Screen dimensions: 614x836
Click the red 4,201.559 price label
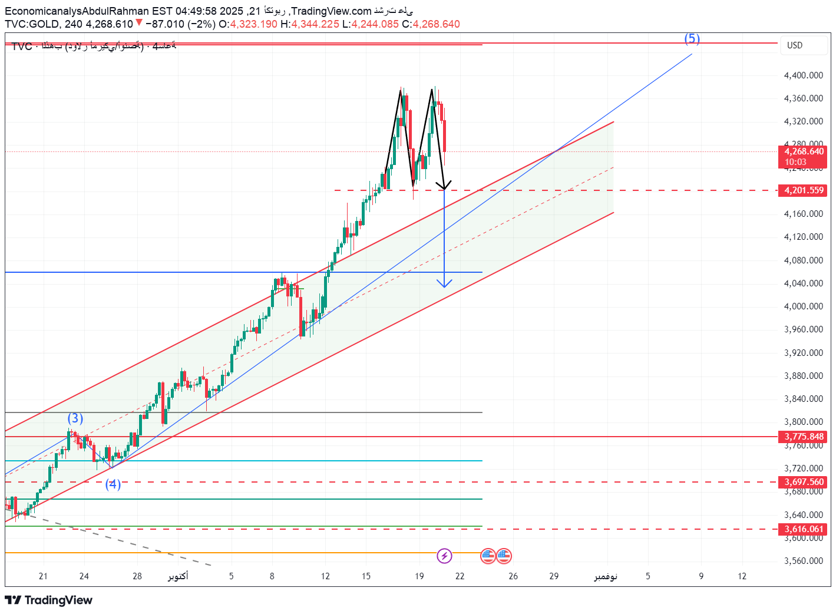coord(804,190)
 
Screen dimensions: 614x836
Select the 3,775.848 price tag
coord(804,437)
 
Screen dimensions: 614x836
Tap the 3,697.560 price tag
coord(804,482)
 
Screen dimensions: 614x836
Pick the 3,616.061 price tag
coord(804,529)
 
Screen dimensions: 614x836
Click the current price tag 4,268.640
coord(804,152)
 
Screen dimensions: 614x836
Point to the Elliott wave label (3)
coord(75,418)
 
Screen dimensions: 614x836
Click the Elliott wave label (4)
coord(113,484)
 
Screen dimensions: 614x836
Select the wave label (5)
coord(692,39)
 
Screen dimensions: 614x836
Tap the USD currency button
coord(795,45)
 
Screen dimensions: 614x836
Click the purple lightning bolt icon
coord(444,556)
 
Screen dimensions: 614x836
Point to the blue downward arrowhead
coord(444,283)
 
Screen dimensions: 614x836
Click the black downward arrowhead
coord(444,186)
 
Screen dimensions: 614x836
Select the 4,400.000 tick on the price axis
coord(804,75)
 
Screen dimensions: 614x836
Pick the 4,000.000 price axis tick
coord(804,306)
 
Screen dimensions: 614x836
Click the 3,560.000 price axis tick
coord(804,561)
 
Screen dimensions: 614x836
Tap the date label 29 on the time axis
coord(554,576)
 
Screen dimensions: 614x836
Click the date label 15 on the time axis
coord(366,576)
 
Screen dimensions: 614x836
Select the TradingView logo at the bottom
coord(49,600)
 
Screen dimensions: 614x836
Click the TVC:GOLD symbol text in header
coord(32,24)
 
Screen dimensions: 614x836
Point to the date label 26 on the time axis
coord(513,576)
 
